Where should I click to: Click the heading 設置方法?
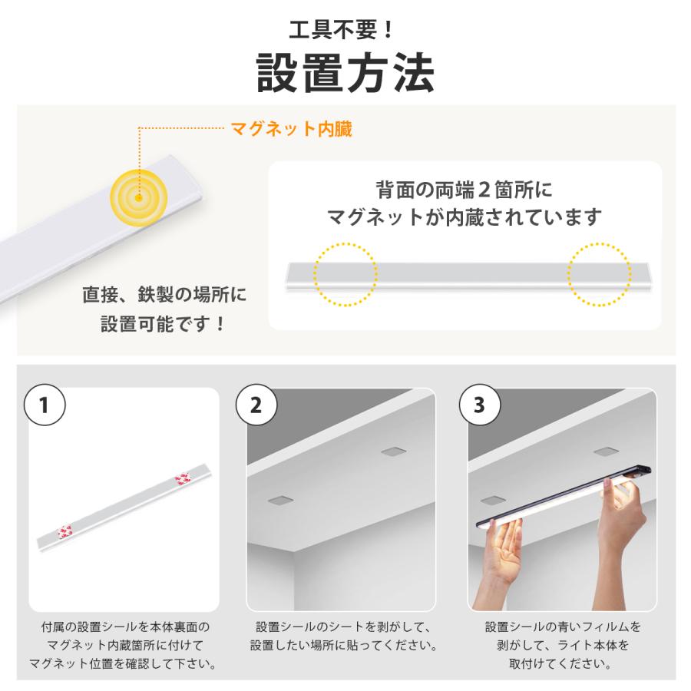345,73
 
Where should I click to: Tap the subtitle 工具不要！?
341,30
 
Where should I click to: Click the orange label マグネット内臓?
291,129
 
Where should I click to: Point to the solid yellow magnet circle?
139,197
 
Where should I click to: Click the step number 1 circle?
44,405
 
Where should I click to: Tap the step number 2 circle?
256,405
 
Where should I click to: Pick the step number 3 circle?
479,405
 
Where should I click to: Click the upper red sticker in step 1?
183,478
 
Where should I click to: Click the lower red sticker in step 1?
65,531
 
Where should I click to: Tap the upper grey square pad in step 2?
394,451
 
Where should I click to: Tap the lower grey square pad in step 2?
280,501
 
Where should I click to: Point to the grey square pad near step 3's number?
607,451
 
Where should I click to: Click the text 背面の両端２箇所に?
464,190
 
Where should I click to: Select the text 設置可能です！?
163,324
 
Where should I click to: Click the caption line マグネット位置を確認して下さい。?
123,663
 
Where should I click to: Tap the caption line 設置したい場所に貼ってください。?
344,645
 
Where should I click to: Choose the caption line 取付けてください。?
560,663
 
